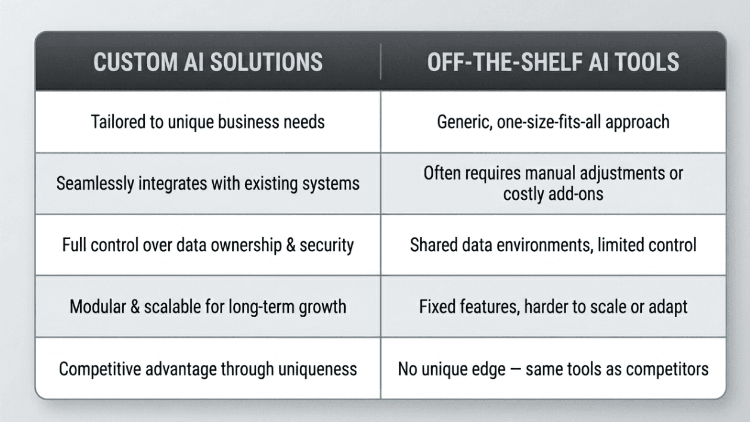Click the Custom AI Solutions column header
coord(208,62)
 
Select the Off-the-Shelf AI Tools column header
coord(553,62)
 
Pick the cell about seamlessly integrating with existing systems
coord(208,183)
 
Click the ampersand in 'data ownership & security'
coord(291,245)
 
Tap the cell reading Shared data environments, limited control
coord(553,245)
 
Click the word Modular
coord(98,306)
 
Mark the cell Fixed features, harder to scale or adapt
coord(553,306)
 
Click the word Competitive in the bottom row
coord(100,369)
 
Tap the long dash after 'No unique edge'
coord(515,369)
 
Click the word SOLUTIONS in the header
coord(266,62)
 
